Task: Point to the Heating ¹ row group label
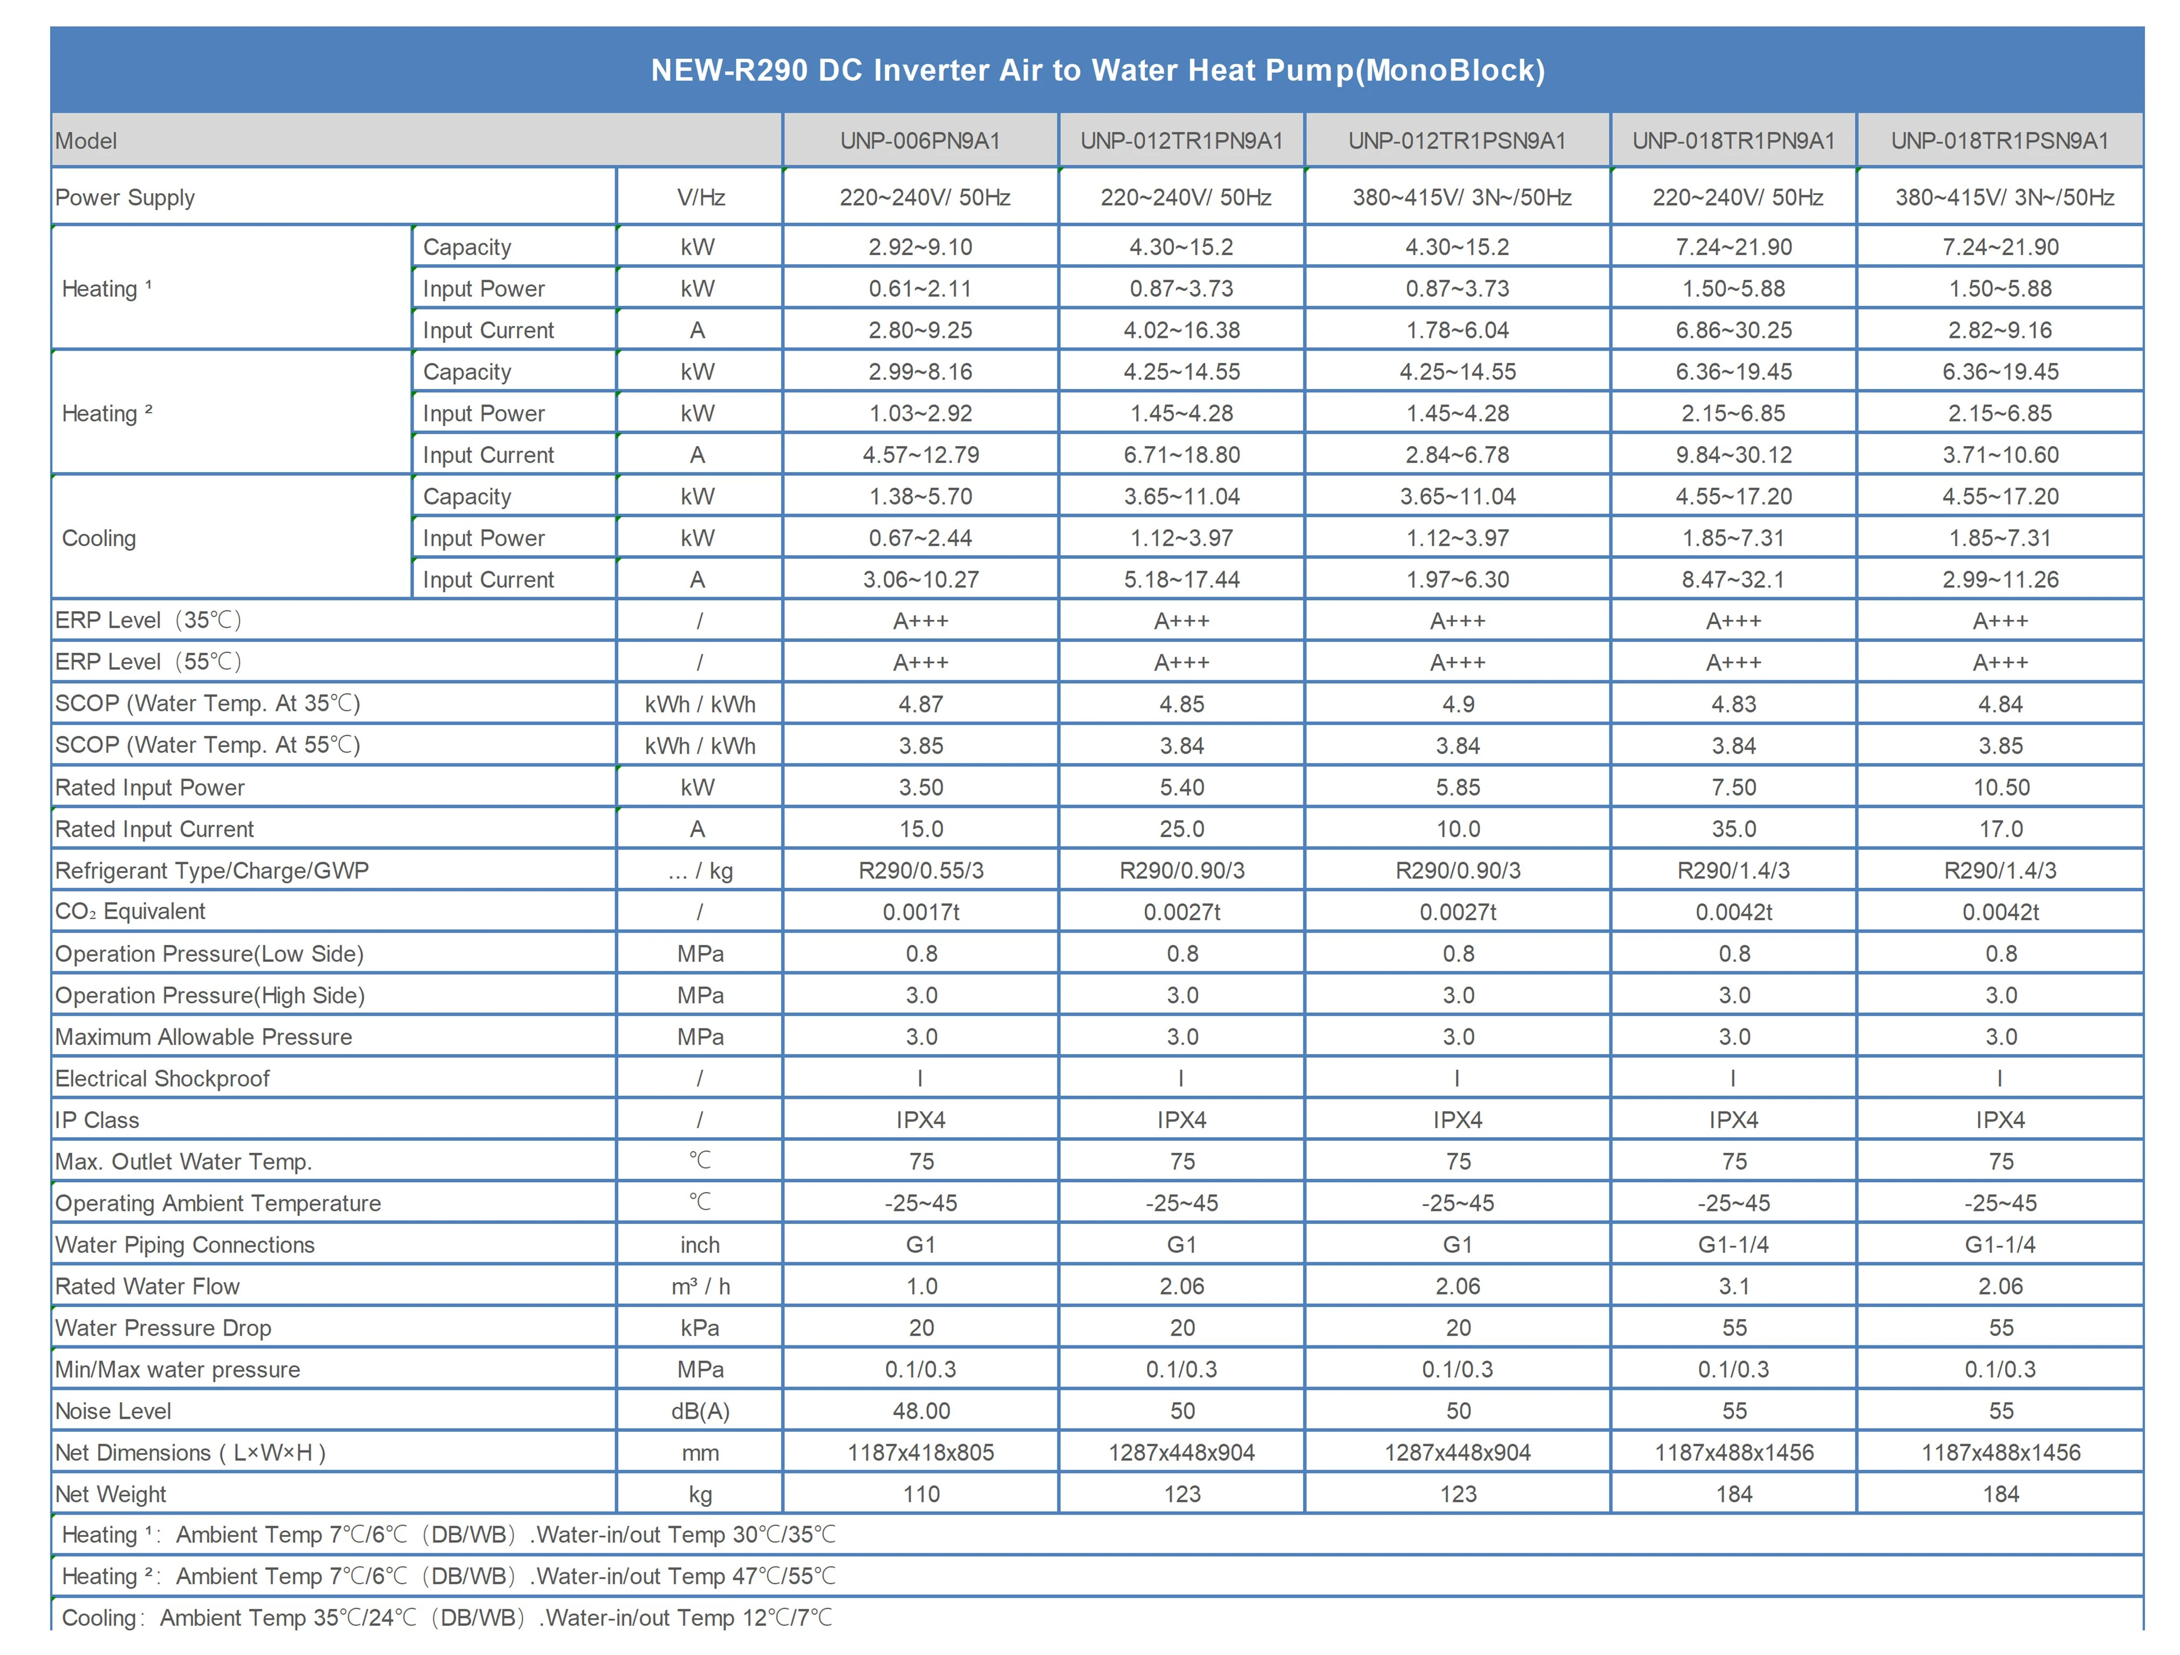[x=106, y=289]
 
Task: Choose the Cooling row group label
[x=99, y=538]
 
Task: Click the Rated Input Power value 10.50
[x=2001, y=788]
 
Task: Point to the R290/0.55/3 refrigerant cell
[x=920, y=870]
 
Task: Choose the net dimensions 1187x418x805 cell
[x=920, y=1453]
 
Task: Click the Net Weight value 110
[x=920, y=1494]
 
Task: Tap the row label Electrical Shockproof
[x=162, y=1078]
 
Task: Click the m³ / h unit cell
[x=700, y=1287]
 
